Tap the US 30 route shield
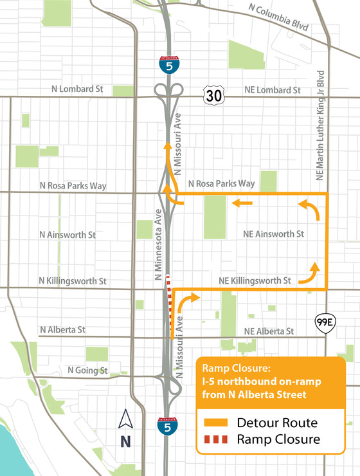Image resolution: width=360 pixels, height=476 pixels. [213, 95]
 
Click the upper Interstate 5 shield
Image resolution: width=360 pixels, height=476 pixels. [170, 62]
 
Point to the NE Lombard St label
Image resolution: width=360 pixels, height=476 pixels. [273, 91]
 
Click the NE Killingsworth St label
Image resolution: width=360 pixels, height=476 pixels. [255, 281]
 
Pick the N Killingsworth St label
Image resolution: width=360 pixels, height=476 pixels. [72, 281]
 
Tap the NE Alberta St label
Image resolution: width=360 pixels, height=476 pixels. [269, 331]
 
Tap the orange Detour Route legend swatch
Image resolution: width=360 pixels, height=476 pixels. [217, 423]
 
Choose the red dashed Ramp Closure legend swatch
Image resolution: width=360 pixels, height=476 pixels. [217, 440]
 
